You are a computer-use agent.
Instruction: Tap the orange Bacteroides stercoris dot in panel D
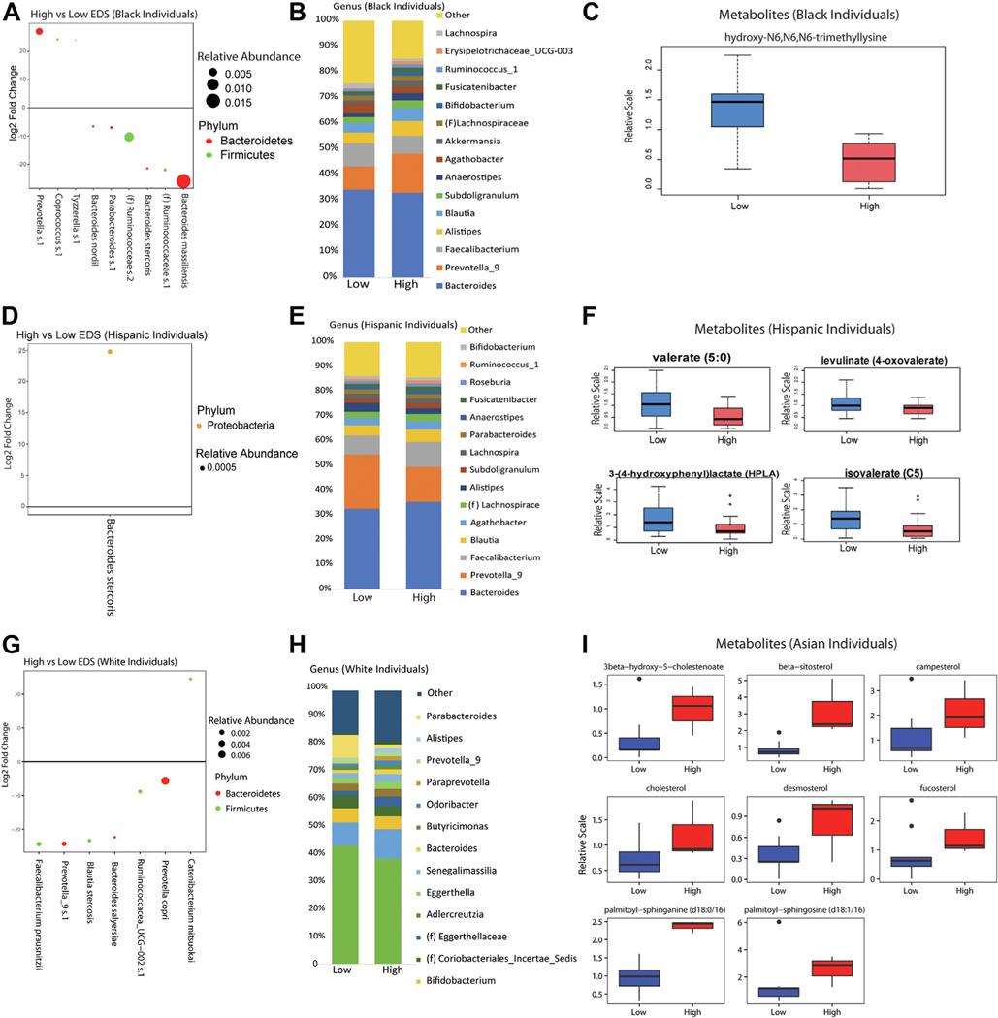[x=110, y=352]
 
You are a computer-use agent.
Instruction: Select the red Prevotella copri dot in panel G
[x=166, y=780]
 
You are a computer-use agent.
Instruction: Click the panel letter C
[x=584, y=13]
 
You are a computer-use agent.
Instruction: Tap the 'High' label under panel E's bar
[x=424, y=598]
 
